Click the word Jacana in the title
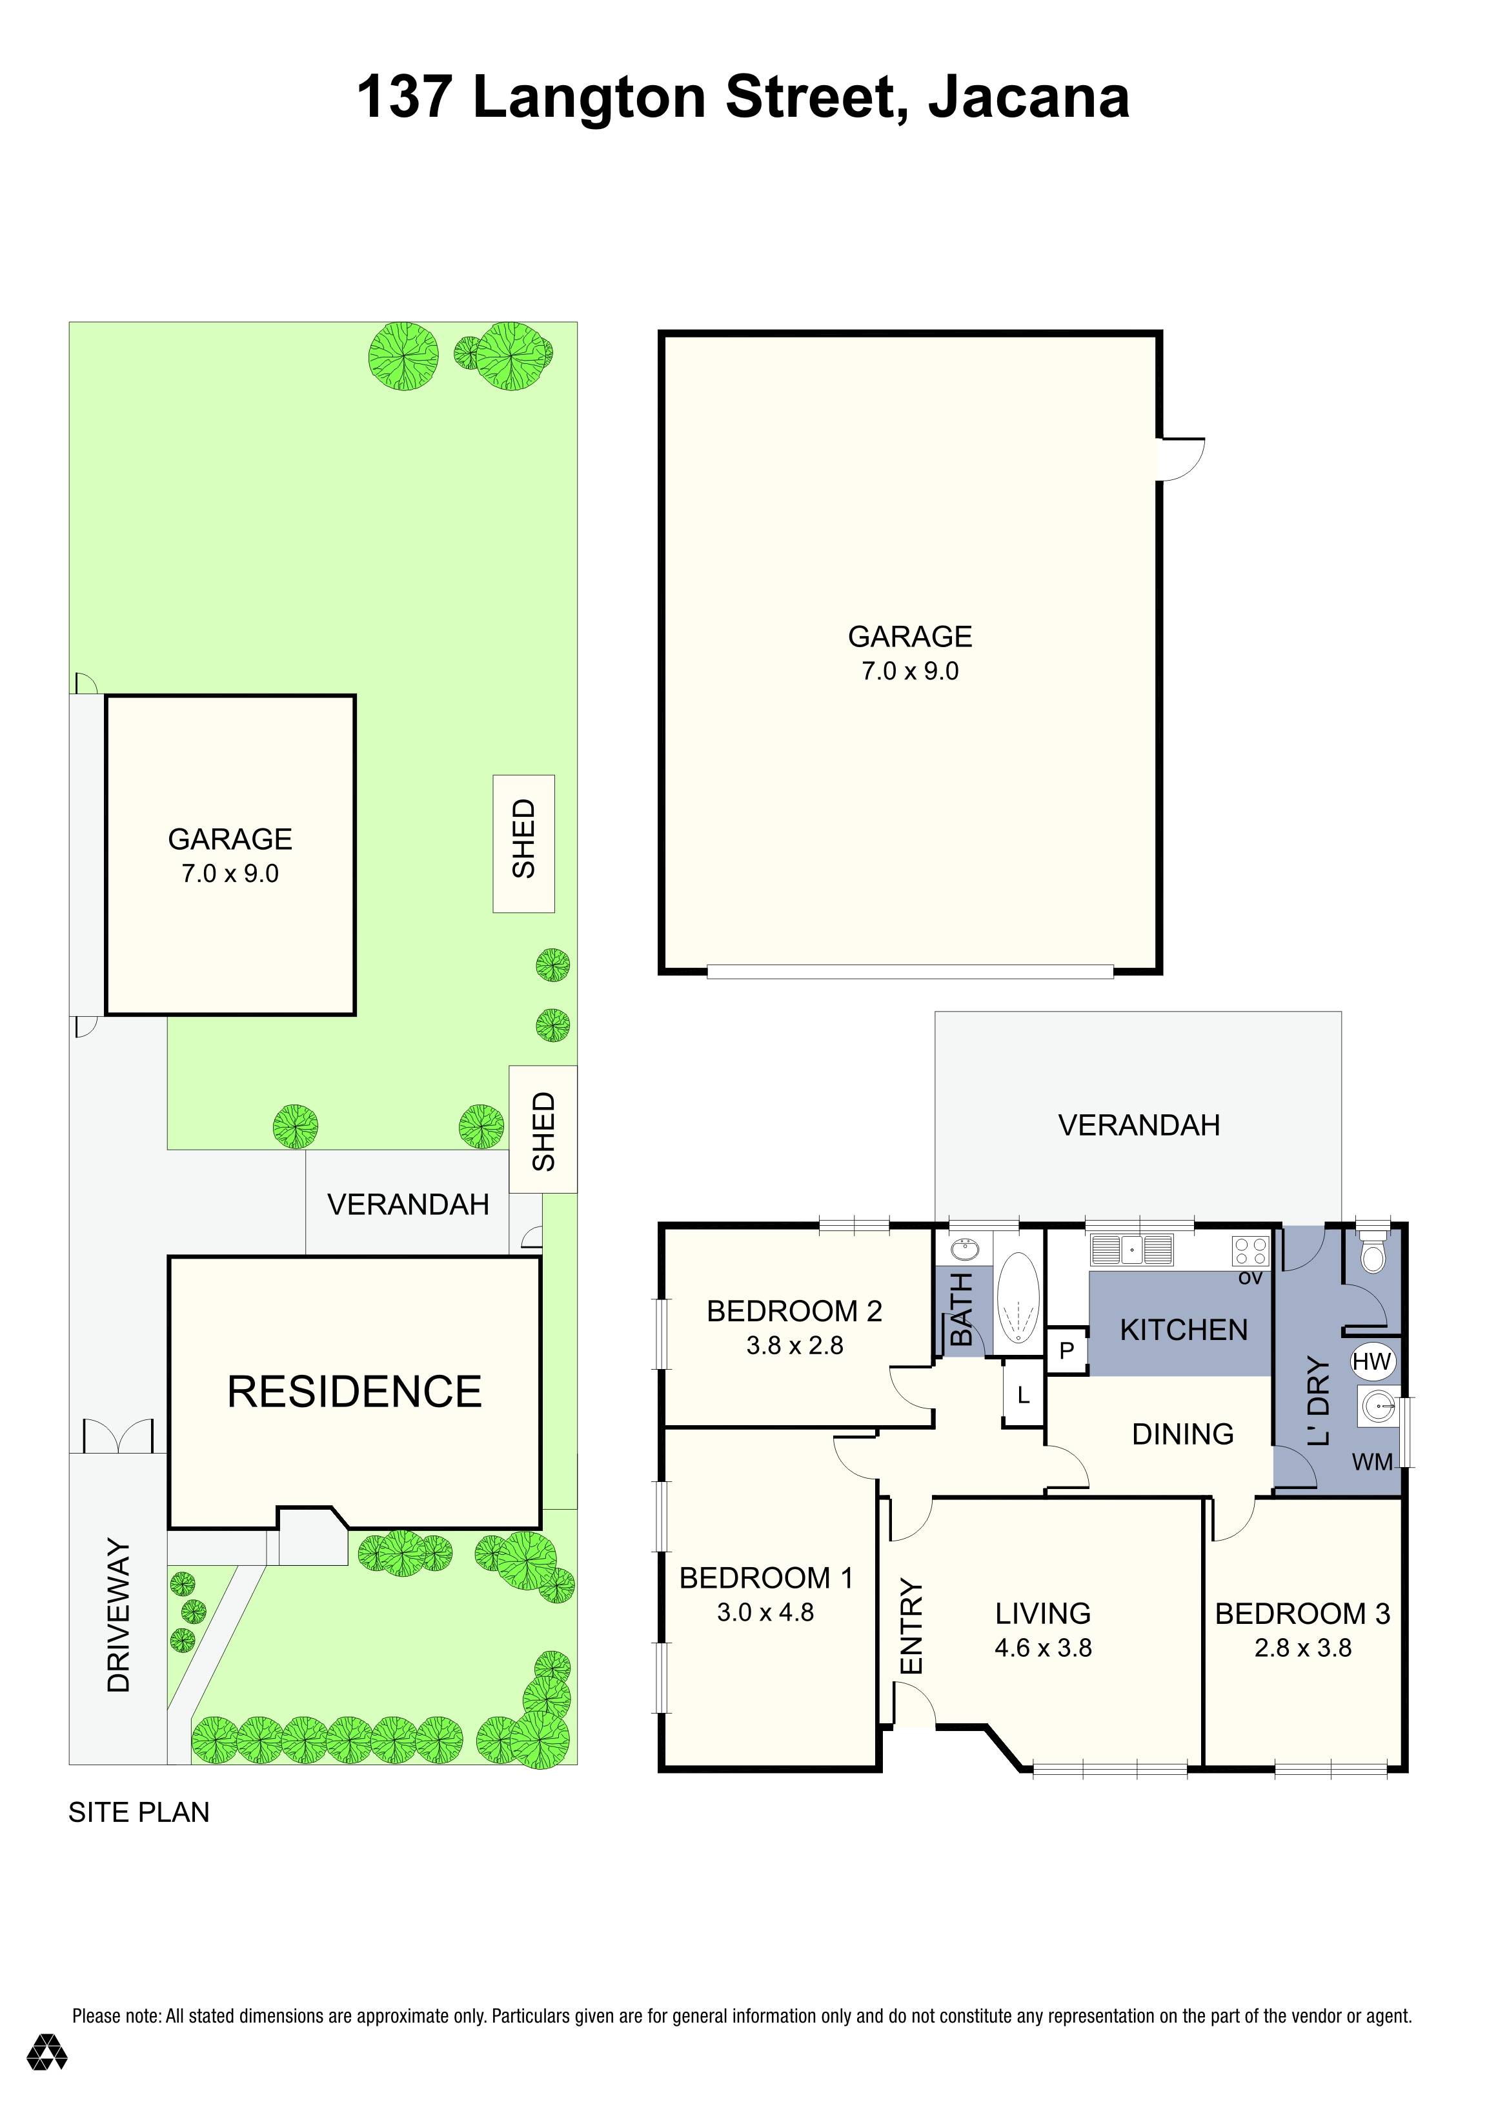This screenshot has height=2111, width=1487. point(1028,97)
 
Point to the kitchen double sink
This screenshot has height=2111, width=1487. point(1131,1250)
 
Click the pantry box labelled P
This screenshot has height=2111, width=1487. point(1067,1350)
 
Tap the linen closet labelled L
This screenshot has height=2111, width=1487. point(1022,1396)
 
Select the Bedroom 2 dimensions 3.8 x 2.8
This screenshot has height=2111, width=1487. point(794,1345)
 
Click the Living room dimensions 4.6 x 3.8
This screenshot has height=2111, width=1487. point(1043,1648)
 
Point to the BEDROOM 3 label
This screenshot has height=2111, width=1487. point(1302,1614)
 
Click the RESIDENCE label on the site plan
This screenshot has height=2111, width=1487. point(354,1392)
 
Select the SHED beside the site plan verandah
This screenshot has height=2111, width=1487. point(543,1130)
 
